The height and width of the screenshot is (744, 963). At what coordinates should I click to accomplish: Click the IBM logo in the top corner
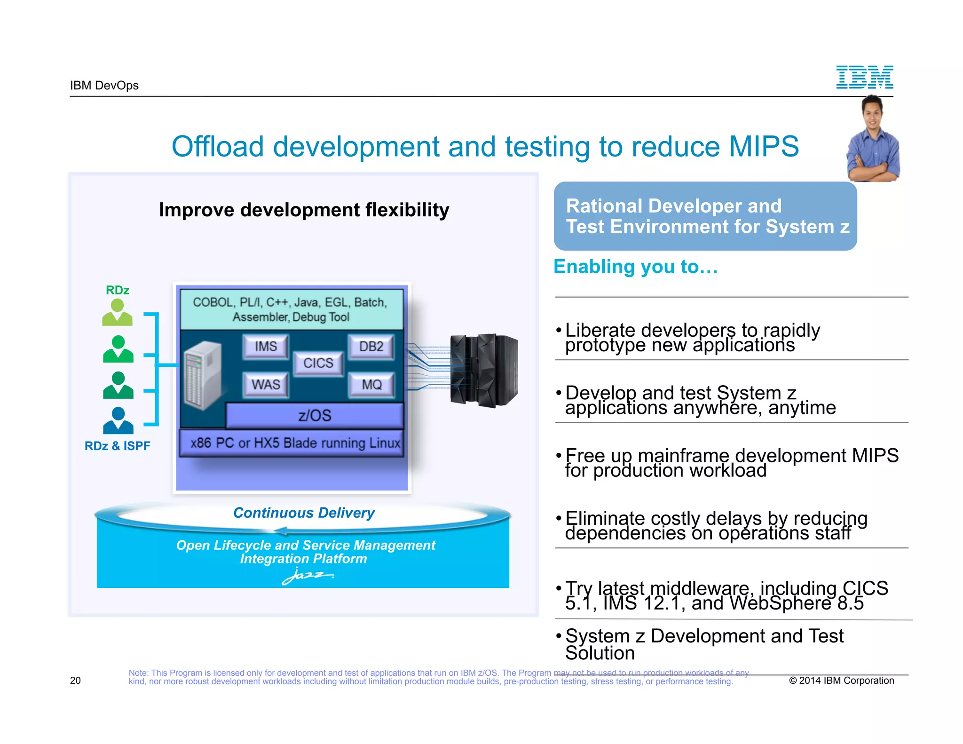click(864, 77)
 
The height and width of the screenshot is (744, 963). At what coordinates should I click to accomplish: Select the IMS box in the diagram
click(266, 347)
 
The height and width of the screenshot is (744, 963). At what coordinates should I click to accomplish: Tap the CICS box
click(318, 363)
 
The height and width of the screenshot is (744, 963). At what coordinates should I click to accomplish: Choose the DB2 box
click(371, 347)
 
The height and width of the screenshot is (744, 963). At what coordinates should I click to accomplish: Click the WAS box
click(266, 385)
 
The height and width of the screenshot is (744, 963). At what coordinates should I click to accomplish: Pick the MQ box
click(371, 385)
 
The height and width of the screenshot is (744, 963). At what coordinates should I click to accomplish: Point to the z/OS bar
click(314, 416)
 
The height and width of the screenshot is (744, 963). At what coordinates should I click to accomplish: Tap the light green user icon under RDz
click(117, 313)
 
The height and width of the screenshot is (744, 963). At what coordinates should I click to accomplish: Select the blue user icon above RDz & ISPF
click(118, 420)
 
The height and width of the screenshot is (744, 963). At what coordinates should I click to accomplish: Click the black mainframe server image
click(483, 370)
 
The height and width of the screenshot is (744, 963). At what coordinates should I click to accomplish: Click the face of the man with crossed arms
click(872, 113)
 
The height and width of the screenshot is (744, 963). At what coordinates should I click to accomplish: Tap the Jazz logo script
click(307, 576)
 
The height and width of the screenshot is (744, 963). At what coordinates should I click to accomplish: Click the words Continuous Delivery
click(304, 513)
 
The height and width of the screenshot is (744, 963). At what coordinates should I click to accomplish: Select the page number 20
click(75, 681)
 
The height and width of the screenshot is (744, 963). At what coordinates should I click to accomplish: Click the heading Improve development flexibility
click(304, 210)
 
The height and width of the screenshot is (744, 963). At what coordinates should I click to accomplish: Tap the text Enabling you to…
click(635, 267)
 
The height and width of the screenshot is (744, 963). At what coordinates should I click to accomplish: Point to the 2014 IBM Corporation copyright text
click(841, 681)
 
